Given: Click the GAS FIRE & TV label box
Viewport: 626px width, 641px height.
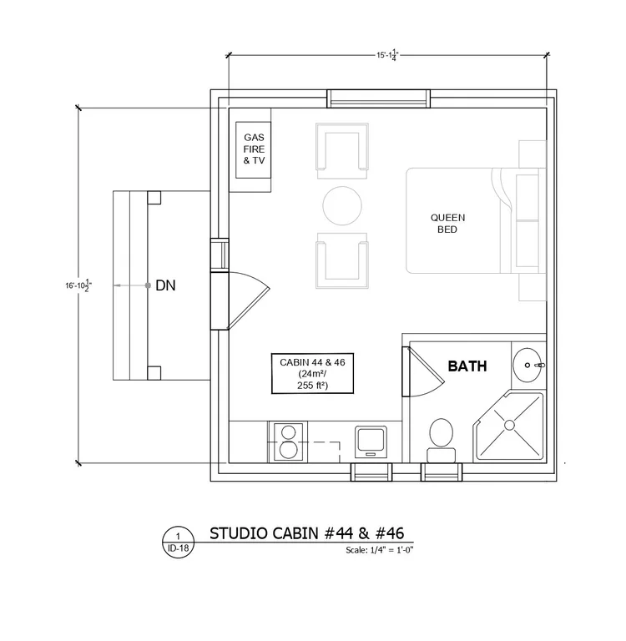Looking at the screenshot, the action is pyautogui.click(x=254, y=149).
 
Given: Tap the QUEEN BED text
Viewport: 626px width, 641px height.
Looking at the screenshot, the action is pyautogui.click(x=447, y=224).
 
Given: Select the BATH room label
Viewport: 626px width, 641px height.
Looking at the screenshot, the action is pyautogui.click(x=467, y=366).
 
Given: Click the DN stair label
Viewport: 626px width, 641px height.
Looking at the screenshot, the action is pyautogui.click(x=165, y=285).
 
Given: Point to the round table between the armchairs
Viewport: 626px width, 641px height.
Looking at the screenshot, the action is pyautogui.click(x=342, y=205).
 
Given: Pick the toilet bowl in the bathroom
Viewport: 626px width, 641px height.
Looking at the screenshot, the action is pyautogui.click(x=442, y=432).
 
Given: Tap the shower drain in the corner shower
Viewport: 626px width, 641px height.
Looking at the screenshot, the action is pyautogui.click(x=509, y=425).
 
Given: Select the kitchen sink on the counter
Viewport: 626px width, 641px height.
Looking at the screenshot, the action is pyautogui.click(x=371, y=442).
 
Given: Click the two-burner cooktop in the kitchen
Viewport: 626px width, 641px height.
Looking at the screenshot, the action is pyautogui.click(x=289, y=442).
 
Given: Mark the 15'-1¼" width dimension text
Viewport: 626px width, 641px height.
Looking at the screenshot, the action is pyautogui.click(x=387, y=55).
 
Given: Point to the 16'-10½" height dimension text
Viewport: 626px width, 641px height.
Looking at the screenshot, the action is pyautogui.click(x=78, y=285).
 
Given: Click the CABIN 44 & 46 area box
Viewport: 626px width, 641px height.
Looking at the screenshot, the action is pyautogui.click(x=312, y=374).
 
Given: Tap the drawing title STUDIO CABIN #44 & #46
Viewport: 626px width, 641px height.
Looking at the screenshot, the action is pyautogui.click(x=306, y=533).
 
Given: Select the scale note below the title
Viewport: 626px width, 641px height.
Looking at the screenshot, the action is pyautogui.click(x=380, y=550).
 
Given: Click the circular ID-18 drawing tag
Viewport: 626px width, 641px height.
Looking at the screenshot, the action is pyautogui.click(x=179, y=543).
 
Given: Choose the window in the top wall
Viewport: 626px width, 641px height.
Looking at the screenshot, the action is pyautogui.click(x=378, y=98).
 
